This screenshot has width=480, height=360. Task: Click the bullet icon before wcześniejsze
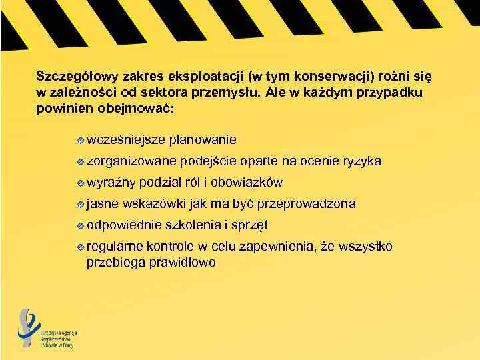[81, 140]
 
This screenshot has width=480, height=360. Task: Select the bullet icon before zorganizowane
[81, 161]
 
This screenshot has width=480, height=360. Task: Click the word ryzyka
[361, 161]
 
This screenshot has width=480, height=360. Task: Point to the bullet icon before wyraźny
[81, 183]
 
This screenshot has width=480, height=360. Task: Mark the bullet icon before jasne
[81, 204]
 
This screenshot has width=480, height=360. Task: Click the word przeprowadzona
[306, 203]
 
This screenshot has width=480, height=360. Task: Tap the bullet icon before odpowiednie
[81, 225]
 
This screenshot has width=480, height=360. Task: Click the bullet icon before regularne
[81, 247]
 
